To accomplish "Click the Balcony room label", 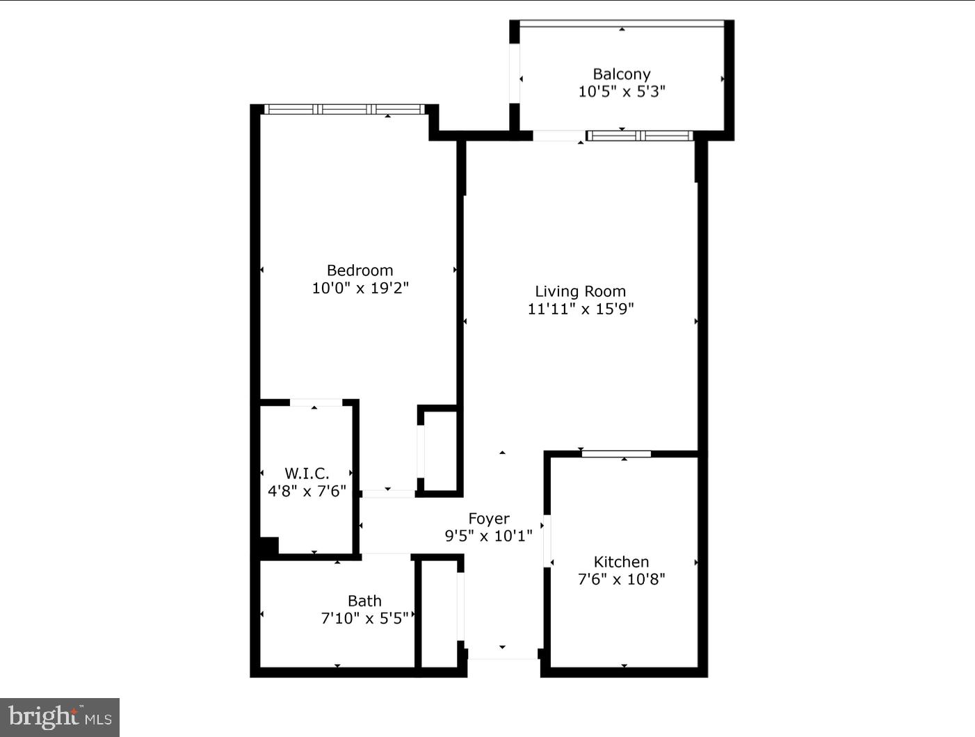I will [x=622, y=74].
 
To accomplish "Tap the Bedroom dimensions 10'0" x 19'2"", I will [x=360, y=288].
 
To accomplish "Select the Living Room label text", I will [x=580, y=291].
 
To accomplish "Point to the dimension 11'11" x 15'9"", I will [x=580, y=309].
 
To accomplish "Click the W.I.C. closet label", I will [x=307, y=473].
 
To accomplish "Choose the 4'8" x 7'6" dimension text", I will [x=307, y=491].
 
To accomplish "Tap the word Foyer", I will [x=489, y=519].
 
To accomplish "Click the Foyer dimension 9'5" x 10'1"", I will [x=489, y=536].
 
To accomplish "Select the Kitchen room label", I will [x=621, y=562].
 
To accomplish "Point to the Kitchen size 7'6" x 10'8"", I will [x=621, y=579].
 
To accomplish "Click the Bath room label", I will [x=364, y=601].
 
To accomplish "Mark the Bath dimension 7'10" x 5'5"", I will [x=364, y=618].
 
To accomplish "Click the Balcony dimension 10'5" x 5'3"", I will [x=622, y=91].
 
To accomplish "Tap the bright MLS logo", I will [x=60, y=717].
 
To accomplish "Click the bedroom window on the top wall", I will [x=345, y=109].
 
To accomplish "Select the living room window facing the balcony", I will [x=639, y=136].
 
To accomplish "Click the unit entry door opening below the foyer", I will [x=502, y=654].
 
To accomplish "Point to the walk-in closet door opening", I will [x=316, y=403].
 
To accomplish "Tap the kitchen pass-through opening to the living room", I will [x=616, y=454].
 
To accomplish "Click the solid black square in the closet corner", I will [x=268, y=546].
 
